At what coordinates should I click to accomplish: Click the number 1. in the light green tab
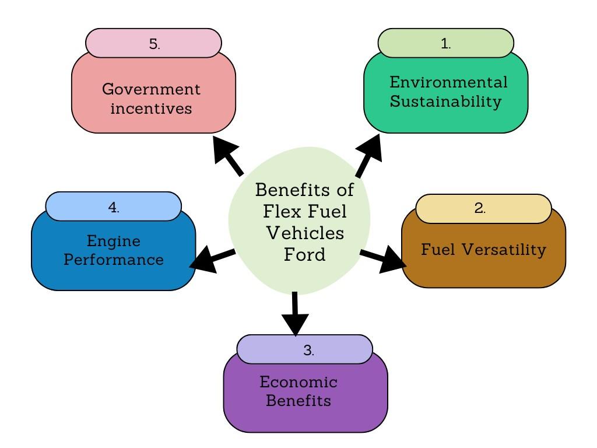point(446,44)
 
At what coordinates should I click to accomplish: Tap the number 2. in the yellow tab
point(480,208)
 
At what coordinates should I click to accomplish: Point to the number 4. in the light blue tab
point(114,207)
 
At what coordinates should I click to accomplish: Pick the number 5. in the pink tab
point(154,44)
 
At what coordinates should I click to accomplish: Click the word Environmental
point(448,82)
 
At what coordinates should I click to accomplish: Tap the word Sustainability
point(446,101)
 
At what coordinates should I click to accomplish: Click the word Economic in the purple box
point(298,382)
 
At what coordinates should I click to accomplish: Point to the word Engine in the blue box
point(114,240)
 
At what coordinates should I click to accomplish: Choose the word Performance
point(114,260)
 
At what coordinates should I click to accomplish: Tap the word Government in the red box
point(151,89)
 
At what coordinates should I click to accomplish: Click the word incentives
point(151,108)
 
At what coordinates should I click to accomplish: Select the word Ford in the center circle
point(304,255)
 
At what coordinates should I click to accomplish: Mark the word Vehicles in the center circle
point(304,233)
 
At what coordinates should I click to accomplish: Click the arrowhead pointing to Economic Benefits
point(295,324)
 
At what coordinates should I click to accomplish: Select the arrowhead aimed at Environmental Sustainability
point(371,147)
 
